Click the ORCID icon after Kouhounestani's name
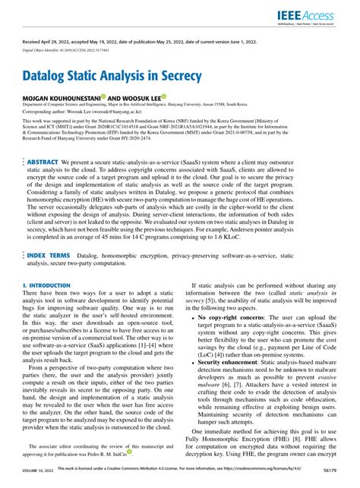click(104, 97)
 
